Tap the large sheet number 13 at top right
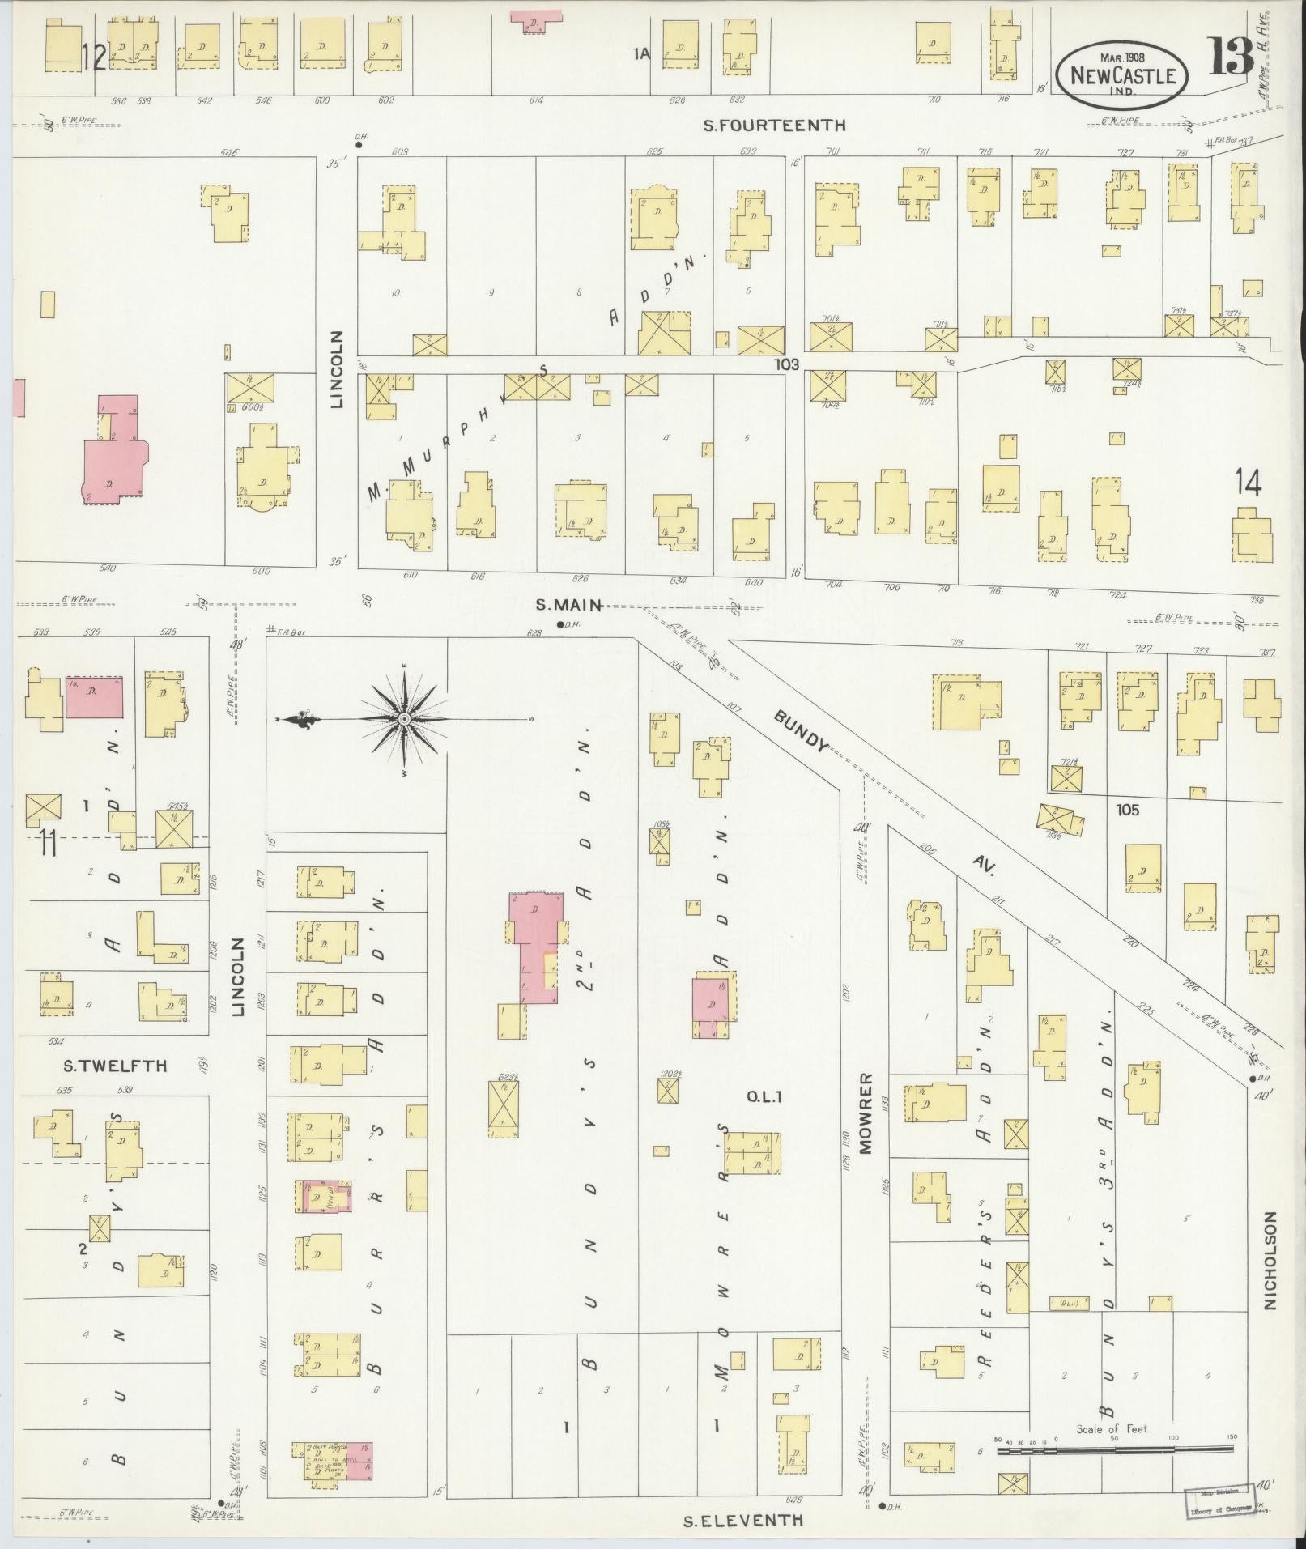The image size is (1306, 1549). pyautogui.click(x=1232, y=57)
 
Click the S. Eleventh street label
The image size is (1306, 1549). pyautogui.click(x=743, y=1519)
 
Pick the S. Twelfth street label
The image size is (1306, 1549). pyautogui.click(x=115, y=1066)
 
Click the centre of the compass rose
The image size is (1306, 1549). pyautogui.click(x=404, y=718)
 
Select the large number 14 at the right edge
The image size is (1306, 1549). pyautogui.click(x=1248, y=484)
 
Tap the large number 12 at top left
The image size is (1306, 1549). pyautogui.click(x=94, y=59)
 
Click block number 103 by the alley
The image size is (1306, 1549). pyautogui.click(x=785, y=365)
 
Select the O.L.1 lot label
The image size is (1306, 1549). pyautogui.click(x=761, y=1097)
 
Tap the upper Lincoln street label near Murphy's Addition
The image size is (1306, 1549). pyautogui.click(x=337, y=368)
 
